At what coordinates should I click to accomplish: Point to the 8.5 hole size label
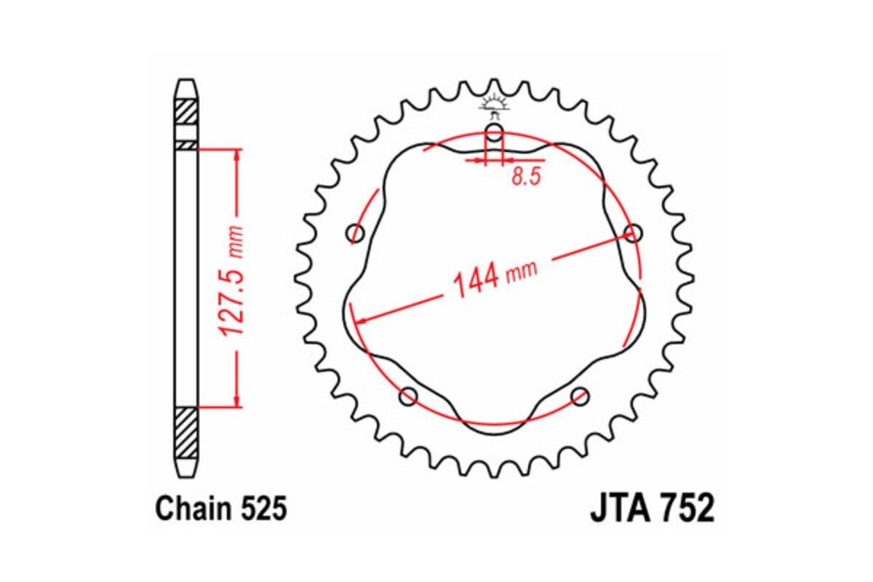pos(526,178)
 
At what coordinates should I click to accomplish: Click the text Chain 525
pos(221,509)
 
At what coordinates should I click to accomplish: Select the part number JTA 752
pos(652,509)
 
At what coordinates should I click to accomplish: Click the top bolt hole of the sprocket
pos(494,134)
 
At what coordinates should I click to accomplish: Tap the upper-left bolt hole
pos(356,234)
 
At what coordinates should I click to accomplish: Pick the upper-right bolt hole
pos(634,233)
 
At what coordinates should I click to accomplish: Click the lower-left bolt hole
pos(409,396)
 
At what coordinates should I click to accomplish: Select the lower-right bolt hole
pos(580,396)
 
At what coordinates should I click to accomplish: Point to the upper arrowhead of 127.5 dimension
pos(236,155)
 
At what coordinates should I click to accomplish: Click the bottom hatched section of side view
pos(186,432)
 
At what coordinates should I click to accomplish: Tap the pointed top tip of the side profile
pos(186,81)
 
